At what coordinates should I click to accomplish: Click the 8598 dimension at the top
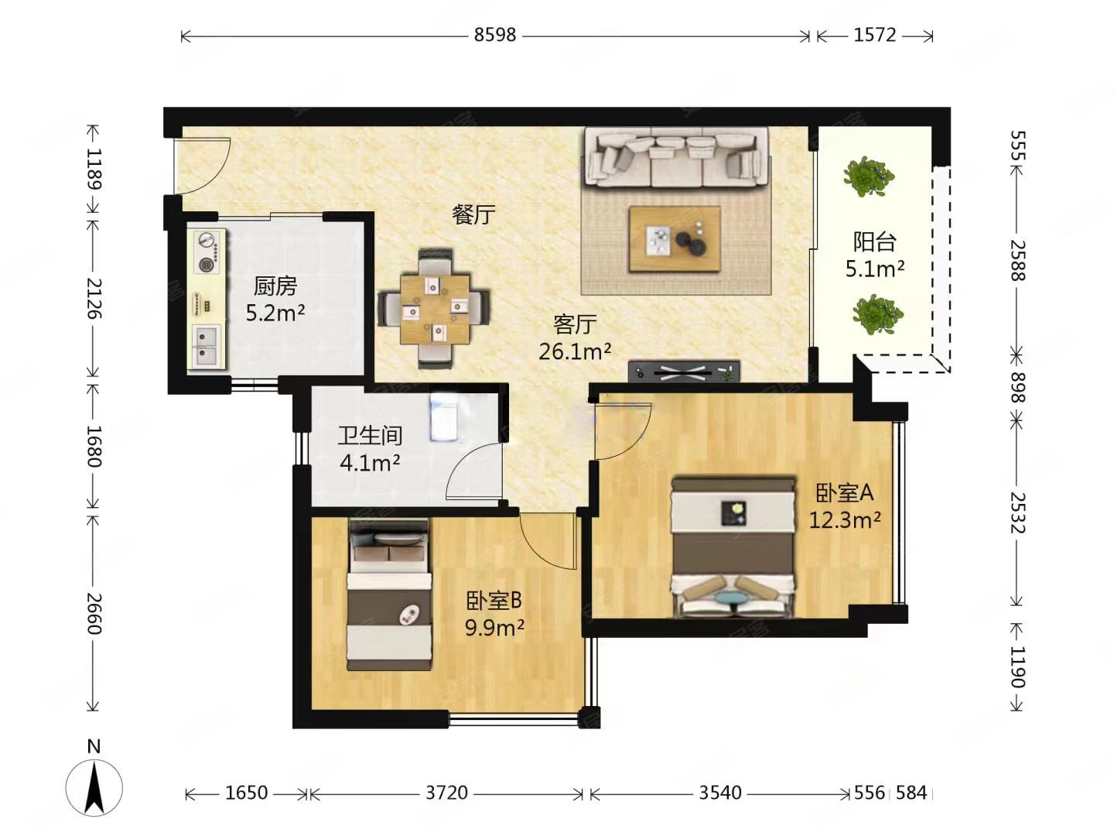point(495,35)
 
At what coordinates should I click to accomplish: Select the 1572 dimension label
point(874,35)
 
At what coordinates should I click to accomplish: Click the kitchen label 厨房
point(275,286)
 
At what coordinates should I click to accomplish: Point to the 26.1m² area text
point(575,351)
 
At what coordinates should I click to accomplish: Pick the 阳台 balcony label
point(874,242)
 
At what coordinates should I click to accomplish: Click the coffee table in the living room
point(675,238)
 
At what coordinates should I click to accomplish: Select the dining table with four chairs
point(434,309)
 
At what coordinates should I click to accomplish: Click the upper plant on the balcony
point(869,176)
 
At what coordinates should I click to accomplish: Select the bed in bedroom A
point(733,546)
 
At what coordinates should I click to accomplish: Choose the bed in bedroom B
point(390,594)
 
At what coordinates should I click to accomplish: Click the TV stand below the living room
point(684,372)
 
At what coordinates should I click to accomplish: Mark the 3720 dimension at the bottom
point(446,793)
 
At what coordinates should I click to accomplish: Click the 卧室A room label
point(845,492)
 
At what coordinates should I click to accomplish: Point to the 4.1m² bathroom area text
point(370,462)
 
